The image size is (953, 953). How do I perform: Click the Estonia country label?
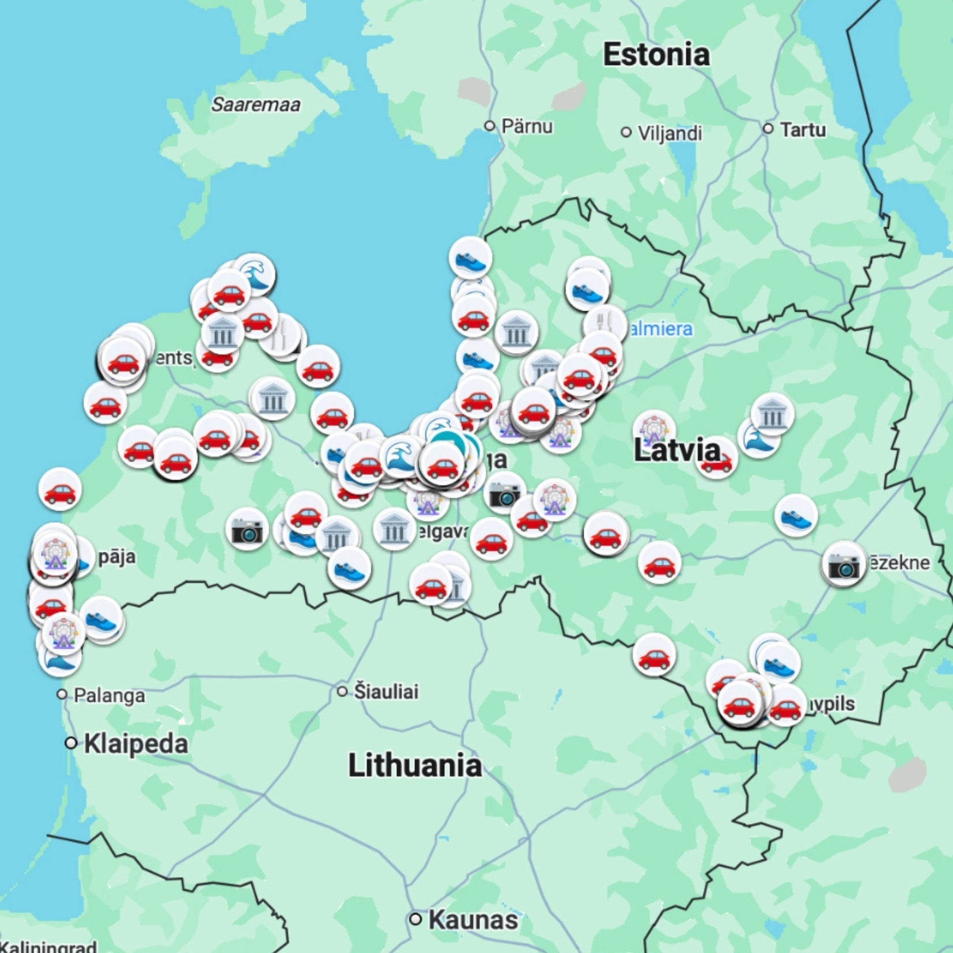point(656,55)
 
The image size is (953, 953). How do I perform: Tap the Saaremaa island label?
point(255,105)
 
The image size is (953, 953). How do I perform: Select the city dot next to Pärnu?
point(490,126)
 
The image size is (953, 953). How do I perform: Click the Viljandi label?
point(670,133)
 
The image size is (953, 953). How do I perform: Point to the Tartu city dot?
point(767,128)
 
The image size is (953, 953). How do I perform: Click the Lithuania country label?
point(415,766)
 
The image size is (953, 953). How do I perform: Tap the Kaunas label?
point(472,920)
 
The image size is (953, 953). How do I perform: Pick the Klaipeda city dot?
point(71,743)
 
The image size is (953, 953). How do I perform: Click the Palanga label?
point(109,695)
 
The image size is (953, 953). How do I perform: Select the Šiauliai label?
point(386,691)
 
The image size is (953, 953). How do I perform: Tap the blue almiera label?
point(660,329)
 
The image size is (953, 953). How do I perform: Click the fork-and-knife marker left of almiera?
point(604,324)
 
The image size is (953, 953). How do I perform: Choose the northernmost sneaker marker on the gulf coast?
point(471,258)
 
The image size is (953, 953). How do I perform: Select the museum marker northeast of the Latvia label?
point(772,414)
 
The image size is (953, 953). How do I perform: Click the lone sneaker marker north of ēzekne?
point(796,515)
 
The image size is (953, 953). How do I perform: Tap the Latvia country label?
point(676,450)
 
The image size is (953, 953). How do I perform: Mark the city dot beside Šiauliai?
point(342,691)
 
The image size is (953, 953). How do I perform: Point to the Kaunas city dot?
point(415,919)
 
